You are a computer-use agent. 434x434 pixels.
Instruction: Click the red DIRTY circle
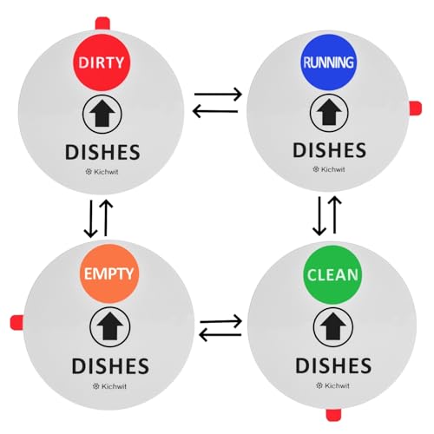[102, 62]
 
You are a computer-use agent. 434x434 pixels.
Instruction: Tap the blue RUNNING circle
[328, 62]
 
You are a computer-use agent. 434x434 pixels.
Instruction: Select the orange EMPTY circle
[109, 273]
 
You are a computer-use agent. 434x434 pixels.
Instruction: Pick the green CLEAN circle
[332, 275]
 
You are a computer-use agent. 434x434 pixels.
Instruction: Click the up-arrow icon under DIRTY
[102, 114]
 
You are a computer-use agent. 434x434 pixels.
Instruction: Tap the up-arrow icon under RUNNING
[329, 113]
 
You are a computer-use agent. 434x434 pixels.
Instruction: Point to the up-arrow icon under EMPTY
[109, 327]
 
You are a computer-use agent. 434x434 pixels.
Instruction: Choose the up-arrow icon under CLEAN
[333, 327]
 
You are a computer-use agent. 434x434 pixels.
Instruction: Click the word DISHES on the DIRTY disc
[102, 152]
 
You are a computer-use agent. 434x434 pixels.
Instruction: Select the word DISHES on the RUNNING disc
[330, 150]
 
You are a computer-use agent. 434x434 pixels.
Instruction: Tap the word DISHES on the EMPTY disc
[110, 366]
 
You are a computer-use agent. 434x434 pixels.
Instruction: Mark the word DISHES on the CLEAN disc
[333, 365]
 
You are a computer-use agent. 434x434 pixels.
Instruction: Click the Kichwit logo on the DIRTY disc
[102, 172]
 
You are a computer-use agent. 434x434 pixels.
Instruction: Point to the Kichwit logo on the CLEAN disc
[332, 385]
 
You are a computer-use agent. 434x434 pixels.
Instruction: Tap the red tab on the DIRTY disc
[102, 23]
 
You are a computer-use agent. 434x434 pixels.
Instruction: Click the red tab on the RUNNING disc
[415, 108]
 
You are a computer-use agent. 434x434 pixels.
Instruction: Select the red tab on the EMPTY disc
[16, 322]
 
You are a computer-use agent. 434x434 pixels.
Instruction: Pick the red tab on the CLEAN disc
[333, 415]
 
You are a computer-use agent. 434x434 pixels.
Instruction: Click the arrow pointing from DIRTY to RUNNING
[218, 94]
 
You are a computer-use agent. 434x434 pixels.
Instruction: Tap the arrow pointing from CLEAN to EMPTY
[220, 335]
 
